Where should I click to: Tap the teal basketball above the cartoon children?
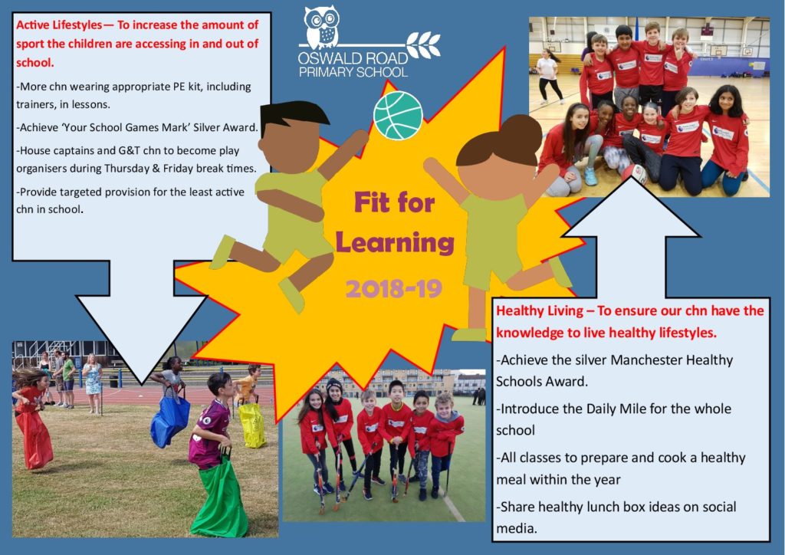pyautogui.click(x=398, y=115)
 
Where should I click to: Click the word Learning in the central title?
pyautogui.click(x=395, y=244)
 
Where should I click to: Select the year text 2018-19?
pyautogui.click(x=394, y=289)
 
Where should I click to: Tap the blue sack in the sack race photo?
pyautogui.click(x=169, y=419)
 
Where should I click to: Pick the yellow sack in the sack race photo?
pyautogui.click(x=252, y=425)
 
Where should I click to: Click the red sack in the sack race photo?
pyautogui.click(x=34, y=438)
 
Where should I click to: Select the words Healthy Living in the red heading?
pyautogui.click(x=539, y=310)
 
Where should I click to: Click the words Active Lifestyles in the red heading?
pyautogui.click(x=58, y=25)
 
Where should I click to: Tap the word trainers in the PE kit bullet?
pyautogui.click(x=35, y=104)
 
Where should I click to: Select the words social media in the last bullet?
pyautogui.click(x=616, y=517)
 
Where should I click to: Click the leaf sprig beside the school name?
pyautogui.click(x=423, y=45)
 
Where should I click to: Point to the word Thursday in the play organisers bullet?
pyautogui.click(x=126, y=169)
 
